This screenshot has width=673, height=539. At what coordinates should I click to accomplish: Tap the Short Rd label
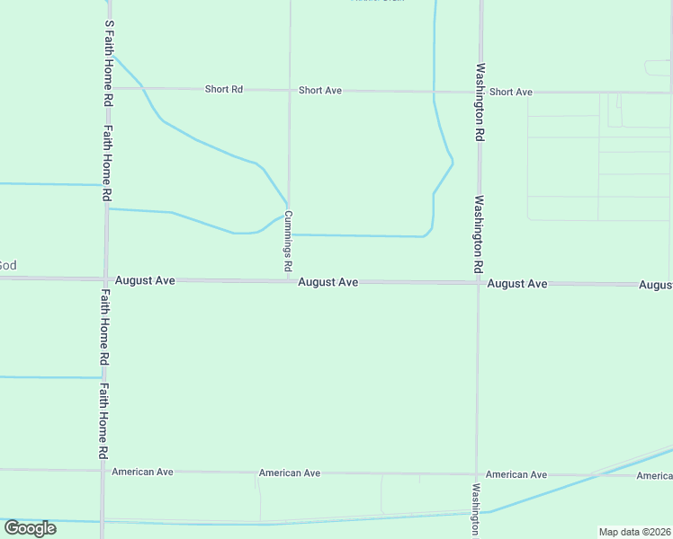pos(224,90)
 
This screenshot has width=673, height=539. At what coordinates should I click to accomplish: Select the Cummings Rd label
pos(289,241)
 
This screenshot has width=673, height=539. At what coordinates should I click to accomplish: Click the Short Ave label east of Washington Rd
pos(511,92)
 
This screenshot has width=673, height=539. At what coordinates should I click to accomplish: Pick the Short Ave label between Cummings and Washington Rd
pos(320,91)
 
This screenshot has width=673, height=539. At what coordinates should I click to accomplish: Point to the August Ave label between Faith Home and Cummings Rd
pos(153,280)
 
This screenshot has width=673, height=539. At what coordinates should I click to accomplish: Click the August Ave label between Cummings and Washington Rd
pos(328,282)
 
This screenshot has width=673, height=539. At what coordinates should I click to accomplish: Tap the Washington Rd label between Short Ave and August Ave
pos(480,235)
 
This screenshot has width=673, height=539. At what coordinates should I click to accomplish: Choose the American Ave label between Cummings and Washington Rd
pos(290,473)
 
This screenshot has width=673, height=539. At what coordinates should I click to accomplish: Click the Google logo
pos(30,527)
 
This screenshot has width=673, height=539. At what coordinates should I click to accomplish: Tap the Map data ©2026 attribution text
pos(633,532)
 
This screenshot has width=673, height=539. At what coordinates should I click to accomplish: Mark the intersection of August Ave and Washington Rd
pos(478,283)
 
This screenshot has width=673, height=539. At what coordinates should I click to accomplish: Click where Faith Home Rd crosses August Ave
pos(105,279)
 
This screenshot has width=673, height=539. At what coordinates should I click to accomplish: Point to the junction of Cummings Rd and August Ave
pos(288,281)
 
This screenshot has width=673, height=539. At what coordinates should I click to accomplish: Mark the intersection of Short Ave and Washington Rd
pos(480,92)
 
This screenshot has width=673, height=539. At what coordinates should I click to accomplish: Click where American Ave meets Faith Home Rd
pos(103,470)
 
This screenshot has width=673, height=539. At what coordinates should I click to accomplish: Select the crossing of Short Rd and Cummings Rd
pos(289,90)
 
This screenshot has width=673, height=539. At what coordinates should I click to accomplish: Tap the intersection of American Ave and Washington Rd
pos(477,474)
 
